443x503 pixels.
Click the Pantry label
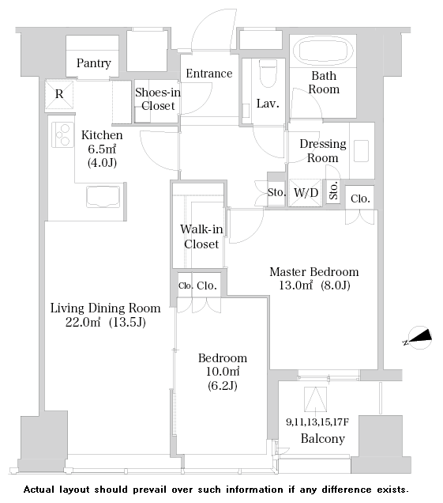click(x=93, y=63)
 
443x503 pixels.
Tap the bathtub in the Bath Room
click(x=322, y=51)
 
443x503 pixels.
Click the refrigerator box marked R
click(x=59, y=95)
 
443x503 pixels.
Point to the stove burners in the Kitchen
click(x=63, y=134)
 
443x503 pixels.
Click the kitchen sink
click(x=103, y=197)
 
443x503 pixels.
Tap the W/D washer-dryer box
click(x=306, y=192)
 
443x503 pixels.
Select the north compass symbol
click(x=418, y=338)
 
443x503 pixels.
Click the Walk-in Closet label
click(x=201, y=236)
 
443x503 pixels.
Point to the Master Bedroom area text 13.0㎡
click(x=295, y=285)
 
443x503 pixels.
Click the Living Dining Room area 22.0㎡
click(x=83, y=322)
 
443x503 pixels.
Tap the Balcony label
click(x=322, y=438)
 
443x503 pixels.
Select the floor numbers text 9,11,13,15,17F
click(x=317, y=422)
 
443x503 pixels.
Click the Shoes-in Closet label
click(x=158, y=99)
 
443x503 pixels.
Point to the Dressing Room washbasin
click(x=362, y=151)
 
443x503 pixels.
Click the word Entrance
click(x=209, y=74)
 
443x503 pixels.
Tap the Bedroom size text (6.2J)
click(x=223, y=385)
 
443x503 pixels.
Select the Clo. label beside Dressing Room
click(x=360, y=199)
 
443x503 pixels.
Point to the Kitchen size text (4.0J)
click(x=102, y=163)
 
